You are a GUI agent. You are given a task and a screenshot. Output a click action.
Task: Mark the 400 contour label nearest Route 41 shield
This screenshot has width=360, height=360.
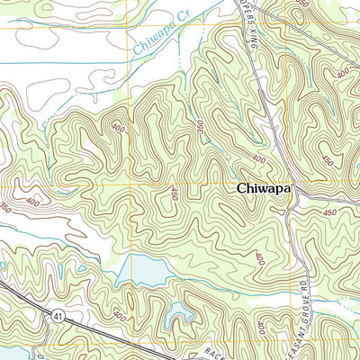click(119, 315)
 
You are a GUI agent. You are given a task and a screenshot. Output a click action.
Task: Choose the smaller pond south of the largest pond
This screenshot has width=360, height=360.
click(180, 311)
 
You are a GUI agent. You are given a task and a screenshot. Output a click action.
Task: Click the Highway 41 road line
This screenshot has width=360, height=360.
click(90, 330)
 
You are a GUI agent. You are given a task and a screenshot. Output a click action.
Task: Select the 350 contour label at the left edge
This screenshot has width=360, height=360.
click(5, 207)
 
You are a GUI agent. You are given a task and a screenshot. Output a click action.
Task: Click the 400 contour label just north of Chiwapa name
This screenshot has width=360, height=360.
click(259, 159)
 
